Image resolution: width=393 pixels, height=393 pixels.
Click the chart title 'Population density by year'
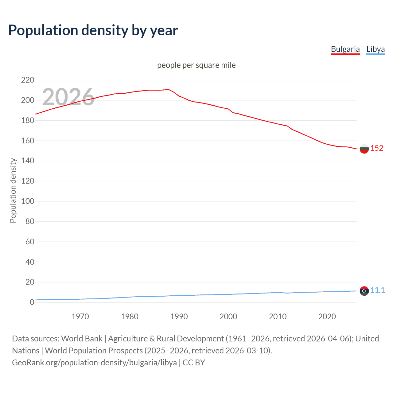93,30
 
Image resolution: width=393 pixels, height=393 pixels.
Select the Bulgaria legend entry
345,49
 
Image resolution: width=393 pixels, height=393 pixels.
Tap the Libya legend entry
375,49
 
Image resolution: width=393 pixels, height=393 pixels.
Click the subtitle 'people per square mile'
196,65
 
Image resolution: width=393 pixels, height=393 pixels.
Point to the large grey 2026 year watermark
68,97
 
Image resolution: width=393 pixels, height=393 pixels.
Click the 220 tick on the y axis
28,80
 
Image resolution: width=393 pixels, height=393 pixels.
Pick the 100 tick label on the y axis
28,201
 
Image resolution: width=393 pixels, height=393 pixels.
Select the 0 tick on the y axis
32,302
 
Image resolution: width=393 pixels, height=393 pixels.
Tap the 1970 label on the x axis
80,317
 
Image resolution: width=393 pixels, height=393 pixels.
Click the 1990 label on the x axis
179,317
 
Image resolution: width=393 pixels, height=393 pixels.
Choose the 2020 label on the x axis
327,317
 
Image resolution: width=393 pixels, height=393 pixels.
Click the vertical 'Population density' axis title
13,190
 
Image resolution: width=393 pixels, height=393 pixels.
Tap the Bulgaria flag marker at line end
364,149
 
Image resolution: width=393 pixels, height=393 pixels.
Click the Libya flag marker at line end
364,291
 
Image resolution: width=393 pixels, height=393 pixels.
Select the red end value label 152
377,148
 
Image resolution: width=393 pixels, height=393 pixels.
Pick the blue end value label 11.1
377,290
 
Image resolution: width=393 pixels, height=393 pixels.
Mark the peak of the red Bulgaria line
169,90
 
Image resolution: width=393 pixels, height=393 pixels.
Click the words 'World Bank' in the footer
82,339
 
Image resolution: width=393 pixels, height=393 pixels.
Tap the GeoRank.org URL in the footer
94,363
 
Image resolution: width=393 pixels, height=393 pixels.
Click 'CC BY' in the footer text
194,363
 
